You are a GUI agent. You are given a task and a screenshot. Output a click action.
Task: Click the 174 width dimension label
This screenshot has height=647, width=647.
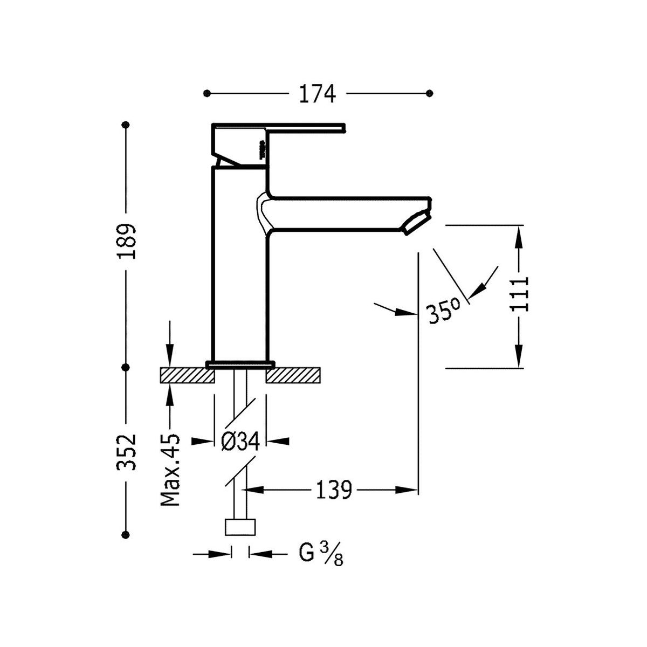317,94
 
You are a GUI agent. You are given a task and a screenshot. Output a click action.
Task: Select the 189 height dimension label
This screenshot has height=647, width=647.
127,241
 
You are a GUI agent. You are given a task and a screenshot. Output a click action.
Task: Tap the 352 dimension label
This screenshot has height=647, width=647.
127,452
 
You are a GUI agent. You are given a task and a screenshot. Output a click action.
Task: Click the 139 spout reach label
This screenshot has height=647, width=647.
334,490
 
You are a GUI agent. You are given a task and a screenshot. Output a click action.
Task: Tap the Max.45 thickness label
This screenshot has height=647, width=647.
170,470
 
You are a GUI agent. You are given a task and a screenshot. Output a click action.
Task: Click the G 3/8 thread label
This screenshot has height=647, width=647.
321,554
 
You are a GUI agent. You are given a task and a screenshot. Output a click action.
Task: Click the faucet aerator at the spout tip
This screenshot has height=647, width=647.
416,223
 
